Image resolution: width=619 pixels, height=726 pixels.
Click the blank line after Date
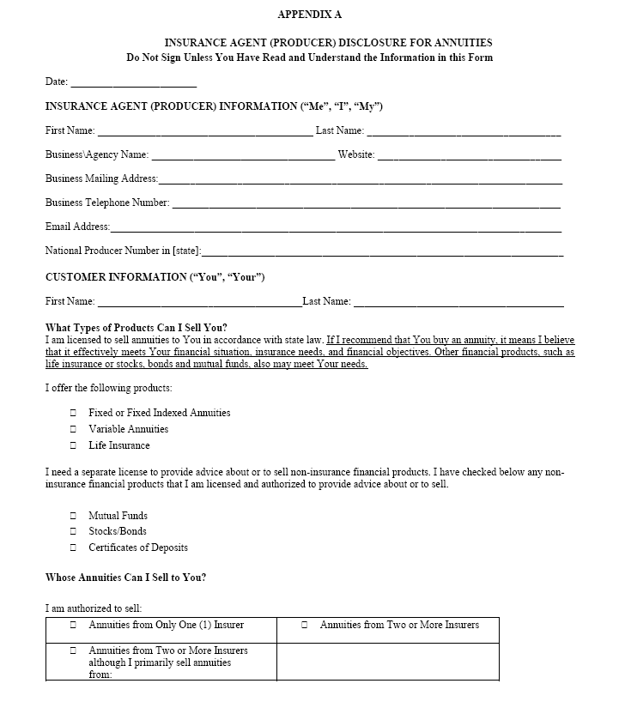(134, 83)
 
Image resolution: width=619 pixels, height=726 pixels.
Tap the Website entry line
(469, 156)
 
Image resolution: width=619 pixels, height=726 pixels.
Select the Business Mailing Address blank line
(361, 180)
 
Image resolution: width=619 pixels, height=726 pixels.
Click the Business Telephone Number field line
(366, 204)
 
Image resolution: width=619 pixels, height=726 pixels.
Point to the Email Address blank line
(336, 228)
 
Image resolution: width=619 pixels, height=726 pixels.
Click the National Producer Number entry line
(382, 252)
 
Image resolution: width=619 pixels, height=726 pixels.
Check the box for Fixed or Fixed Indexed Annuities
(74, 414)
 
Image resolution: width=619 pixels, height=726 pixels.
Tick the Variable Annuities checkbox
(74, 430)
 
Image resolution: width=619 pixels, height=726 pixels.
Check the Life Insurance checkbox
(74, 446)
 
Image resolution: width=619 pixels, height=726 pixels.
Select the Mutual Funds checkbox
(74, 517)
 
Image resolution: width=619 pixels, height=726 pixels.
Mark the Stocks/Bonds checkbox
(74, 532)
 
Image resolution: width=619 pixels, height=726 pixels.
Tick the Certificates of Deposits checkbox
(74, 548)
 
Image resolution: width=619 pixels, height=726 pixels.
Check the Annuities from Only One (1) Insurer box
(74, 626)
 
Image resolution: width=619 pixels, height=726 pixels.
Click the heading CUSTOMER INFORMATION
(155, 277)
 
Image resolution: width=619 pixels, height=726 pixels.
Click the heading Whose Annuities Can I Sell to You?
(125, 578)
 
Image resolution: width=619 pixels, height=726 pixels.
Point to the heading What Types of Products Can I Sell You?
(137, 328)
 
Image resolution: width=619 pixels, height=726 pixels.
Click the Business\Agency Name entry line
(243, 156)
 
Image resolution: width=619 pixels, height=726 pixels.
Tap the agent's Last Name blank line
(464, 132)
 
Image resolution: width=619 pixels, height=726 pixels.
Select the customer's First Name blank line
(199, 303)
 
